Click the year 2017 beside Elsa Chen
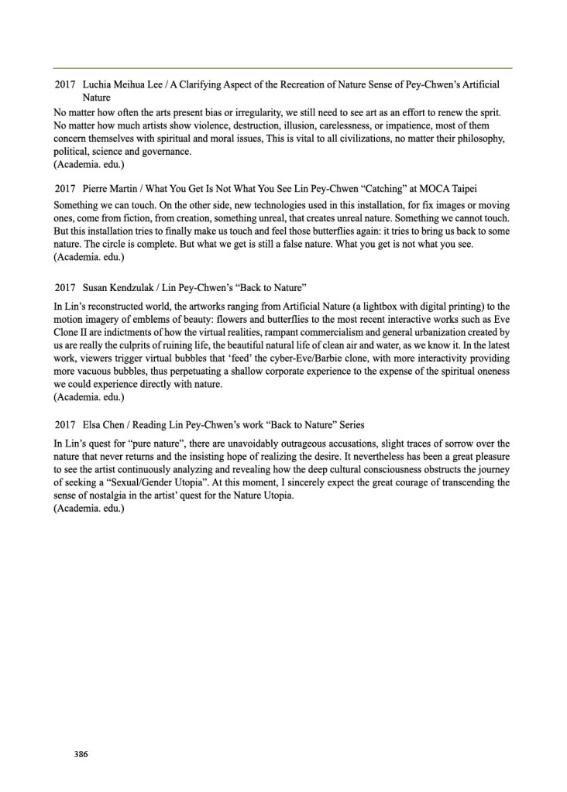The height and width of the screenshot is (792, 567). [x=65, y=425]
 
